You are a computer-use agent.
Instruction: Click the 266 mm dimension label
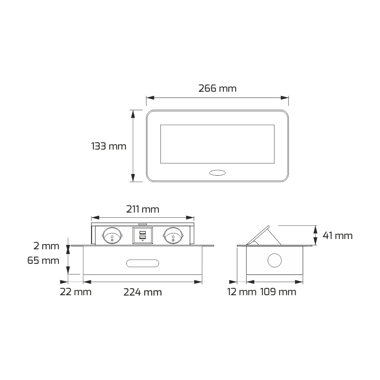click(x=217, y=88)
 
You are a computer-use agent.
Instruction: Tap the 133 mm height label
click(x=109, y=146)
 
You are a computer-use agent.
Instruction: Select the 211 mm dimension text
click(x=143, y=209)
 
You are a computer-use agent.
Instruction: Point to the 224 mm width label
click(x=143, y=292)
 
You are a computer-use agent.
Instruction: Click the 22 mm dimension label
click(x=76, y=292)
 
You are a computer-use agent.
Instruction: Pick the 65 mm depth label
click(x=43, y=261)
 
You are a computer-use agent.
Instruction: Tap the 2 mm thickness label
click(x=46, y=246)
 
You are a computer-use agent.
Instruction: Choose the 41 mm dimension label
click(x=338, y=236)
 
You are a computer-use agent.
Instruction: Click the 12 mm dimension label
click(x=242, y=292)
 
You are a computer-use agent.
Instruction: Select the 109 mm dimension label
click(x=278, y=292)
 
